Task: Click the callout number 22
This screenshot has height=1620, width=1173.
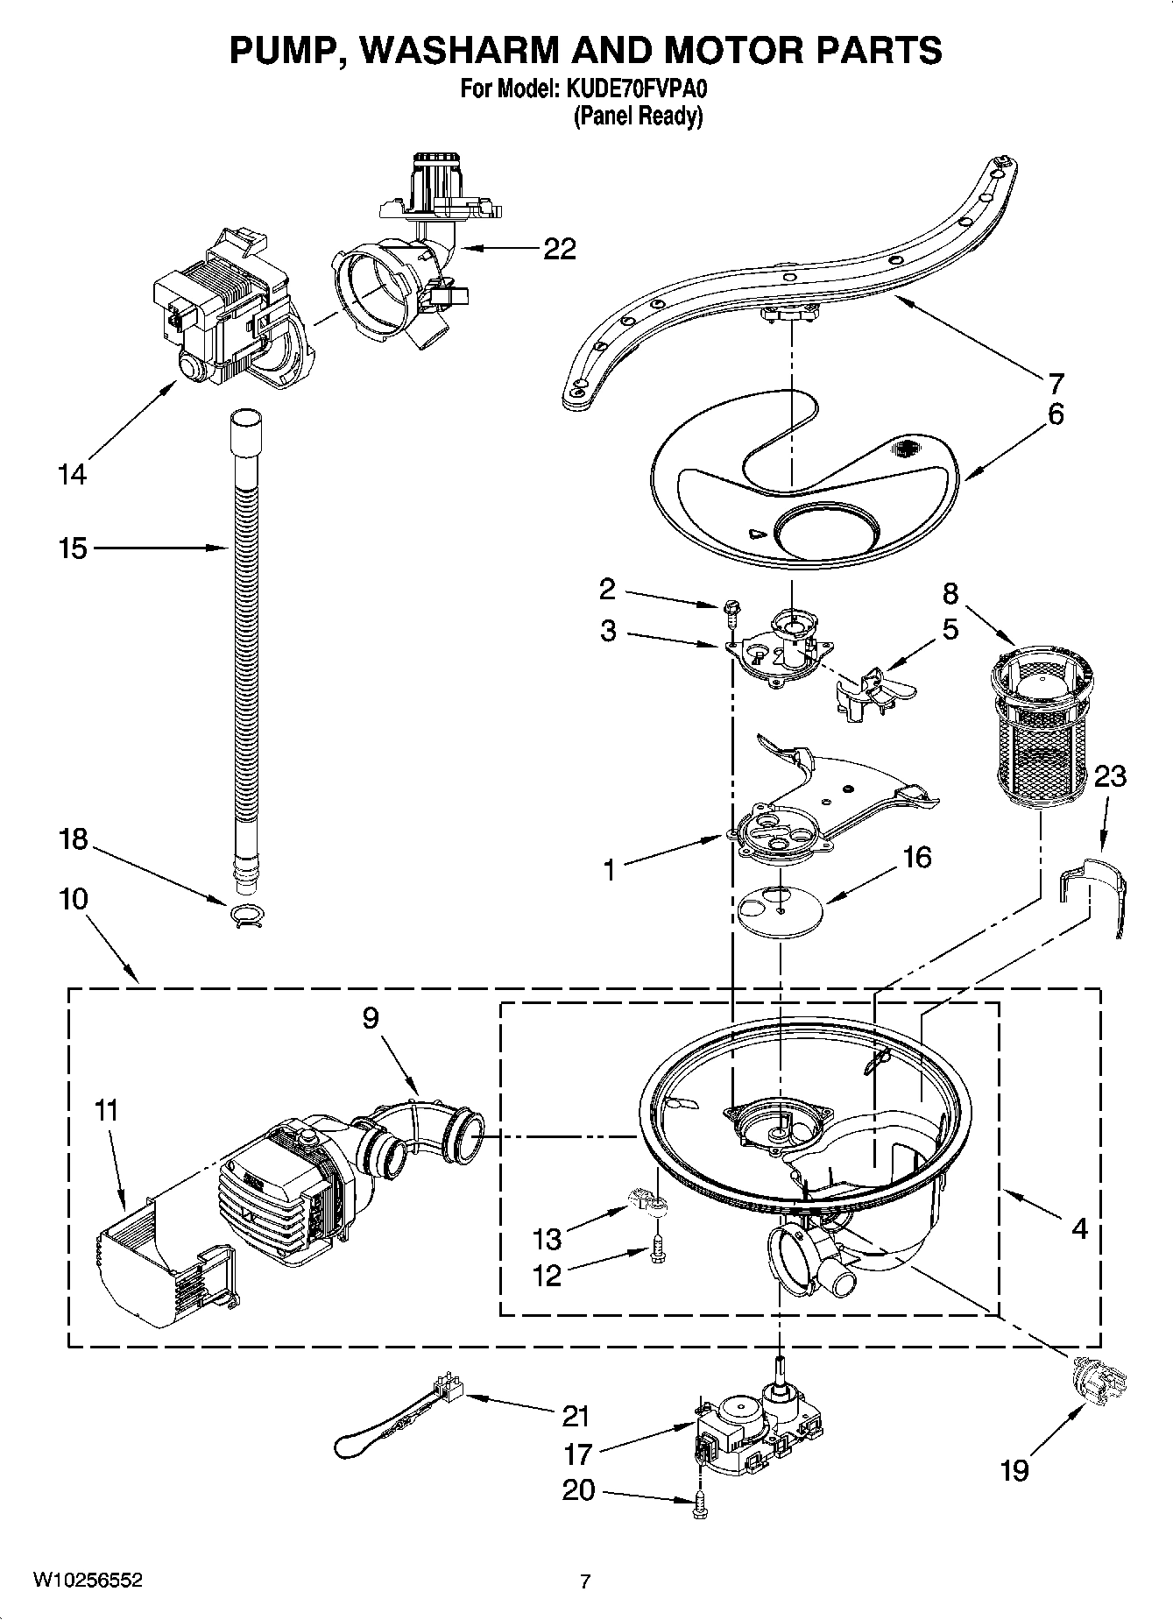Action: [559, 250]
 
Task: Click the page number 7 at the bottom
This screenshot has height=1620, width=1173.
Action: [585, 1581]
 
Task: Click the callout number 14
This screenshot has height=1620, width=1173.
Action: [72, 475]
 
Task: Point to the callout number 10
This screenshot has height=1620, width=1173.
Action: [74, 899]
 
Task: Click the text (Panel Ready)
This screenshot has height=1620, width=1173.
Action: [637, 116]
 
